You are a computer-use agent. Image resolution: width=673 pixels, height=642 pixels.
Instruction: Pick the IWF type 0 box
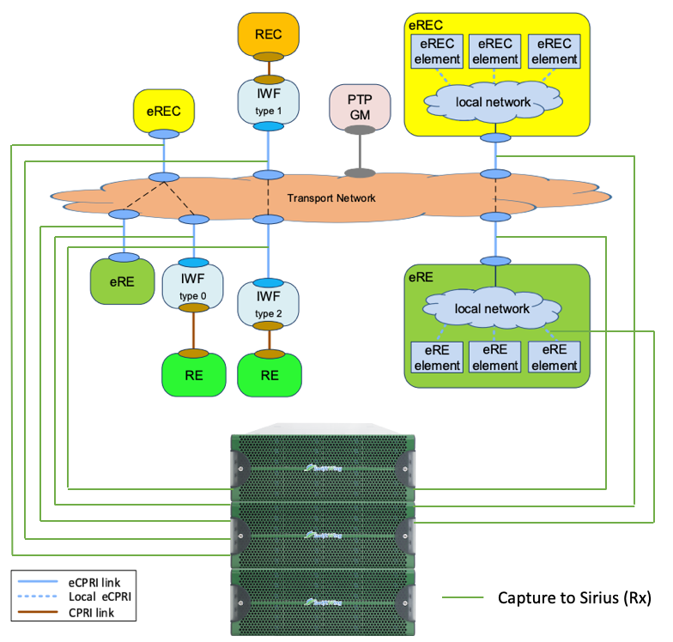tap(193, 288)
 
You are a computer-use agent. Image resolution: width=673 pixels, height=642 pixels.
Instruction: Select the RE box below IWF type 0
tap(193, 375)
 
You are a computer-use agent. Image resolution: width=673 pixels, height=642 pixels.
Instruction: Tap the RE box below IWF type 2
tap(270, 375)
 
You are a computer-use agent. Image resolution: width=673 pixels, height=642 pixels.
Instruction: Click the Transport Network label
tap(331, 198)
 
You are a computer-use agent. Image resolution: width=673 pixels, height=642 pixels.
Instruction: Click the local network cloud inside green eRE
tap(492, 308)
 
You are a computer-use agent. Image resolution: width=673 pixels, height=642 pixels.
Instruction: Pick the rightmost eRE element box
tap(555, 357)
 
